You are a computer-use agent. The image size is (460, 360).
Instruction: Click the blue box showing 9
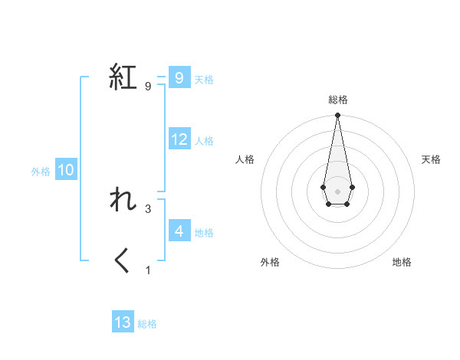click(x=179, y=78)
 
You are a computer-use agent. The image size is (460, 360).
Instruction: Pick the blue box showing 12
click(x=179, y=139)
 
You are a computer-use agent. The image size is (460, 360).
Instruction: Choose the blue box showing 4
click(x=179, y=231)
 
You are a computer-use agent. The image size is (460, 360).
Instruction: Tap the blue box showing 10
click(x=66, y=170)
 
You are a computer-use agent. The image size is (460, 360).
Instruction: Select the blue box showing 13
click(x=123, y=322)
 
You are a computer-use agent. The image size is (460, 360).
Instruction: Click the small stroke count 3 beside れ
click(x=148, y=208)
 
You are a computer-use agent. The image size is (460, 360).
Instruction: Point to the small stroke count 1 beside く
click(x=148, y=270)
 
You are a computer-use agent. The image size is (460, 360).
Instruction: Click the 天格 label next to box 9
click(x=204, y=80)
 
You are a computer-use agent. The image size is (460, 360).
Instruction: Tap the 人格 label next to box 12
click(x=205, y=141)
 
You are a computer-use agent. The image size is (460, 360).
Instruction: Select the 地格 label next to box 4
click(x=204, y=233)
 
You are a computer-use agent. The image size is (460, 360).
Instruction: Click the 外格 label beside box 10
click(x=41, y=172)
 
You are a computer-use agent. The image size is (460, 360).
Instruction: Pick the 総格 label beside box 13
click(x=147, y=325)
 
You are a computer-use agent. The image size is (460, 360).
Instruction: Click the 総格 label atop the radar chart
click(x=337, y=100)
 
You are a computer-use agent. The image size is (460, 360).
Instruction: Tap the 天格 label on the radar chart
click(x=431, y=159)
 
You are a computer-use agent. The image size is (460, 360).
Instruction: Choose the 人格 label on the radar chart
click(x=245, y=159)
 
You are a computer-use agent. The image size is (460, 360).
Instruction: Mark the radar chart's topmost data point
click(x=337, y=116)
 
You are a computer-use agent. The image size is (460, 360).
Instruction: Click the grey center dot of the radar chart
click(x=337, y=190)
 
